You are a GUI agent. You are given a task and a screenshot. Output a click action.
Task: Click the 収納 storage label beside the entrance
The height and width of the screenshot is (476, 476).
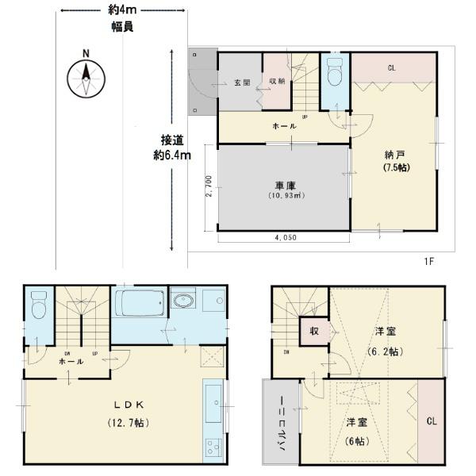(276, 81)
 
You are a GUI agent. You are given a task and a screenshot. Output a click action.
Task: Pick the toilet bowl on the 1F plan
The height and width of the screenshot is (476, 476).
(333, 74)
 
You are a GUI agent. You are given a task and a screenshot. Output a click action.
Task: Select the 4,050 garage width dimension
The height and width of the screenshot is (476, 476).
(283, 236)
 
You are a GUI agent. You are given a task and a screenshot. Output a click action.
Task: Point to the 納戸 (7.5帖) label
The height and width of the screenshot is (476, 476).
(394, 161)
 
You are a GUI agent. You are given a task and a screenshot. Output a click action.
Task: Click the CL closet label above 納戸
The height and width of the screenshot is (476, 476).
(392, 68)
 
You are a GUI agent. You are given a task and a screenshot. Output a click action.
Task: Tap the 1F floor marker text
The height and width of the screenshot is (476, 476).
(429, 259)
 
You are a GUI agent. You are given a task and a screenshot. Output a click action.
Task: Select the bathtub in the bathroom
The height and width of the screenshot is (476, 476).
(140, 303)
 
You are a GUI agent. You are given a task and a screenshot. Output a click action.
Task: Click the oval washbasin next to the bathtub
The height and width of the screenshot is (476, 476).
(183, 303)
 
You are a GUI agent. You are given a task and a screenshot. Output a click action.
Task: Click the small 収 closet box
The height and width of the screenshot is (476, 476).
(314, 331)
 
